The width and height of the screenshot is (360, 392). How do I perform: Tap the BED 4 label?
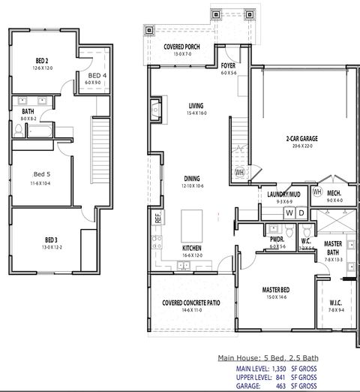click(97, 76)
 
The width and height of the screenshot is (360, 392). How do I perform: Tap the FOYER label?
click(229, 65)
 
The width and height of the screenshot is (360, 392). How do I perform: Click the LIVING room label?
click(196, 106)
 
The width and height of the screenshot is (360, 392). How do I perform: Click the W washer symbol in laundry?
click(289, 213)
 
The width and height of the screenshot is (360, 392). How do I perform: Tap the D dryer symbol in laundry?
click(301, 213)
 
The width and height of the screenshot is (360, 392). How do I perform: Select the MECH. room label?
click(334, 194)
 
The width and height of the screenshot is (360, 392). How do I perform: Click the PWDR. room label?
click(277, 240)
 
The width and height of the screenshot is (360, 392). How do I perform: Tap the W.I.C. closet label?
click(335, 303)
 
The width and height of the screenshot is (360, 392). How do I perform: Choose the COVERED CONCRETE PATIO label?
click(190, 303)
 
